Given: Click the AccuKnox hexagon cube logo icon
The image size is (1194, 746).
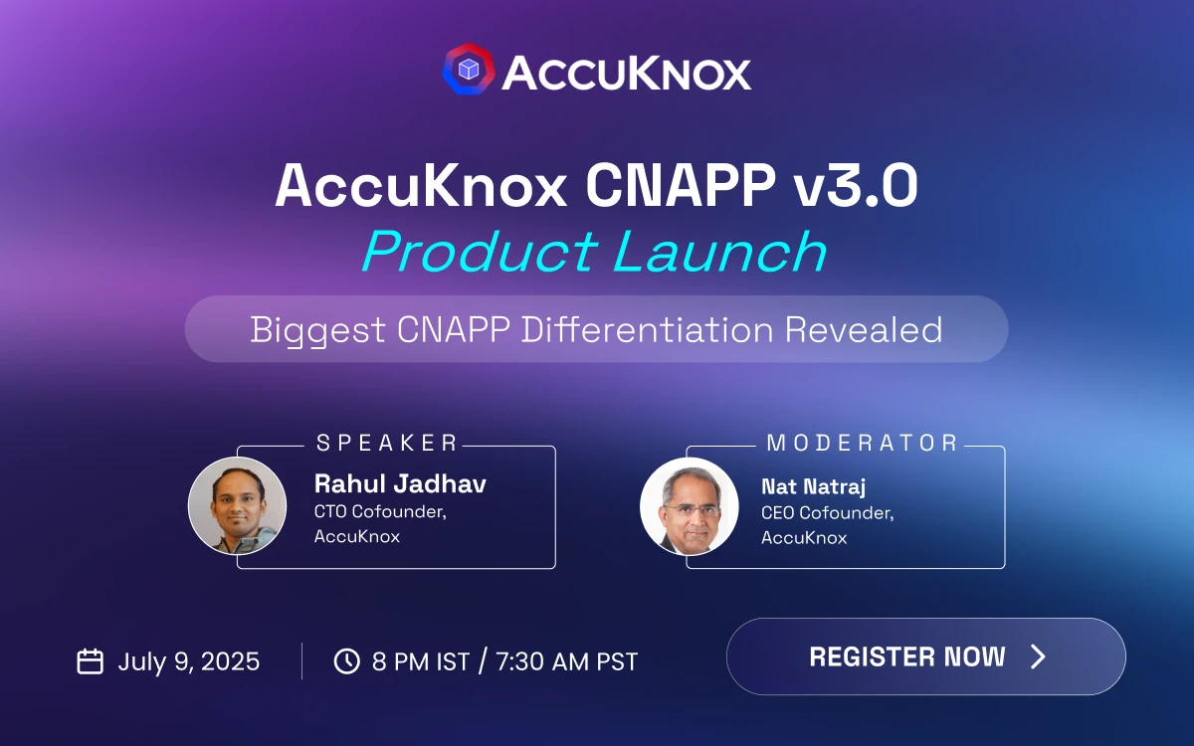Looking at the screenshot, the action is click(469, 70).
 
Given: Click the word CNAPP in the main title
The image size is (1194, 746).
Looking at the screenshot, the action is click(681, 185).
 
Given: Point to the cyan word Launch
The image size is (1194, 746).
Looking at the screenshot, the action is click(720, 251).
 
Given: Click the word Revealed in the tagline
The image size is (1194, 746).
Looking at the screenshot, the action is click(864, 329).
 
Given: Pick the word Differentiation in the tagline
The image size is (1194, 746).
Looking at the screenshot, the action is click(647, 329).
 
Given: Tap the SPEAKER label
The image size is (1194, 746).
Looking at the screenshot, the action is click(386, 443).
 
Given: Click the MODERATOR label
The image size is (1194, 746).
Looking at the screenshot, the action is click(862, 443).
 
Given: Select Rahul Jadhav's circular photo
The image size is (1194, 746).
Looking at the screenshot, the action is click(237, 505).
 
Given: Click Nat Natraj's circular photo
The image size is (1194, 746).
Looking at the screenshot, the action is click(690, 506).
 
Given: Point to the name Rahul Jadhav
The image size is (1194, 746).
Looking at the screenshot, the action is click(400, 483).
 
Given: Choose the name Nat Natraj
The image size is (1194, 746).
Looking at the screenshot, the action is click(813, 486).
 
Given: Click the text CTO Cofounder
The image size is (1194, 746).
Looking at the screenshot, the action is click(380, 511).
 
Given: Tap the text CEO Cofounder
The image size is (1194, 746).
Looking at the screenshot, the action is click(827, 512).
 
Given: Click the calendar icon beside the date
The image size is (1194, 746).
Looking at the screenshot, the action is click(91, 661).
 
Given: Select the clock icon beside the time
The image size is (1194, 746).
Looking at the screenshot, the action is click(347, 661).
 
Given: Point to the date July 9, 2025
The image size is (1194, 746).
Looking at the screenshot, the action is click(189, 661).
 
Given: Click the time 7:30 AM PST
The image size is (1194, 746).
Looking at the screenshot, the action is click(566, 661).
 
